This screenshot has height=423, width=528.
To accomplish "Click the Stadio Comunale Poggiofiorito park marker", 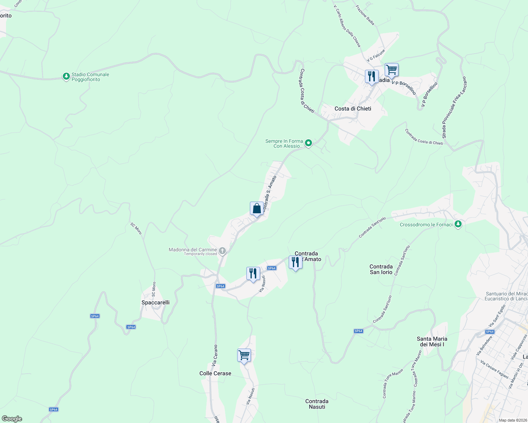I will [66, 76].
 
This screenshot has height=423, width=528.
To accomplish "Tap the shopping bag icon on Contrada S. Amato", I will [257, 208].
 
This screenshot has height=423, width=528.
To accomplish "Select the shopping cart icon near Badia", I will [391, 69].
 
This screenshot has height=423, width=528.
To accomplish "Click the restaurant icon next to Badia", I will [372, 76].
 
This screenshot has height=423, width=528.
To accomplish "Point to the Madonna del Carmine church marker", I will [222, 251].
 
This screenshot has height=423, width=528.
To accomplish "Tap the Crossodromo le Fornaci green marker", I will [458, 224].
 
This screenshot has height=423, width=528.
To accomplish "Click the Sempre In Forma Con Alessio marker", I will [308, 143].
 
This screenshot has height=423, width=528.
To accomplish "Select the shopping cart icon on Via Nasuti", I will [244, 355].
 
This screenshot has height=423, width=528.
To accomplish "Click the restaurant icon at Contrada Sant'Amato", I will [295, 262].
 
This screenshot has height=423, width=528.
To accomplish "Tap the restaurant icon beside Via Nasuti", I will [253, 273].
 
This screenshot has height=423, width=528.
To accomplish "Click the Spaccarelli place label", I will [155, 302].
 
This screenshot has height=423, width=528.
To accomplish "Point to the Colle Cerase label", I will [215, 373].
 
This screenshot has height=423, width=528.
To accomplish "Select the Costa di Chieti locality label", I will [353, 109].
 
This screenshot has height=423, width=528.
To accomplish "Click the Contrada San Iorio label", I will [381, 269].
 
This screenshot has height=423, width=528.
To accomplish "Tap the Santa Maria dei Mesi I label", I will [432, 342].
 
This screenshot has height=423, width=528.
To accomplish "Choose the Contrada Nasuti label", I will [317, 404].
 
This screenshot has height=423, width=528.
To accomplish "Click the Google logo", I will [12, 419].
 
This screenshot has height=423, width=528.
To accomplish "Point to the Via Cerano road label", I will [215, 355].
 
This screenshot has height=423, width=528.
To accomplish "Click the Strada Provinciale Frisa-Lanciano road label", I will [454, 107].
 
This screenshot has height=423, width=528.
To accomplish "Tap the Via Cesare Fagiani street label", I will [494, 369].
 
